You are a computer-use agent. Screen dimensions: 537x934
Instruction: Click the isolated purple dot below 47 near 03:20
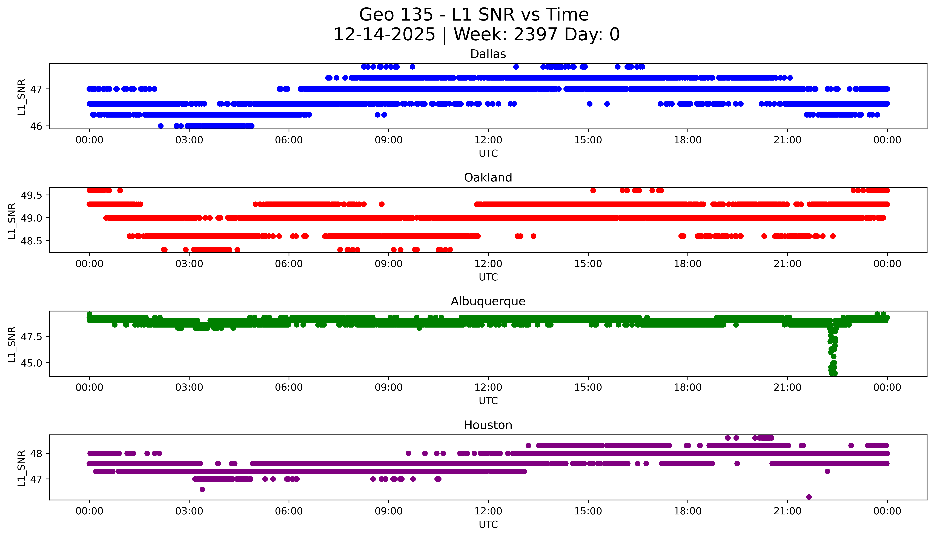202,489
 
